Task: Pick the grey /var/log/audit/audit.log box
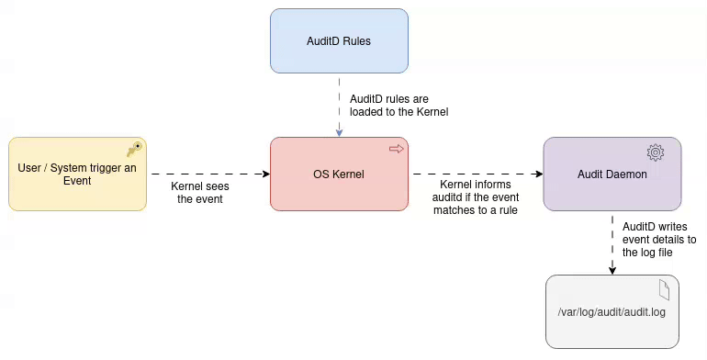click(x=612, y=326)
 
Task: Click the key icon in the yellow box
click(x=134, y=149)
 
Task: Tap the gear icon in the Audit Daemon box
click(x=655, y=152)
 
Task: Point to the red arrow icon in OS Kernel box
click(x=397, y=148)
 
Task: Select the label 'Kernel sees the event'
click(x=199, y=192)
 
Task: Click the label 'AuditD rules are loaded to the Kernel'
click(x=398, y=105)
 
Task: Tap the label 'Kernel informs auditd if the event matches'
click(x=475, y=197)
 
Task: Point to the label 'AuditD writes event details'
click(x=658, y=239)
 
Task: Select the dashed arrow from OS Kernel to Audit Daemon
click(x=475, y=174)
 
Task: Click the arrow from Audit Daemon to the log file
click(x=612, y=242)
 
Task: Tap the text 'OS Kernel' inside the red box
click(x=339, y=174)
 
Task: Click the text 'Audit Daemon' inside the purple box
click(x=612, y=174)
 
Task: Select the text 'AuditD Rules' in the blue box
click(x=339, y=41)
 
